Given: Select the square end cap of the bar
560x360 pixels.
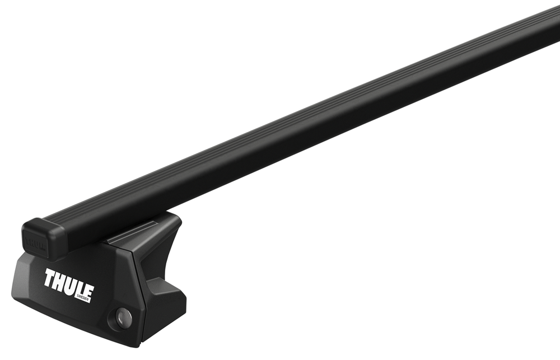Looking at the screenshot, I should [x=44, y=239].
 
